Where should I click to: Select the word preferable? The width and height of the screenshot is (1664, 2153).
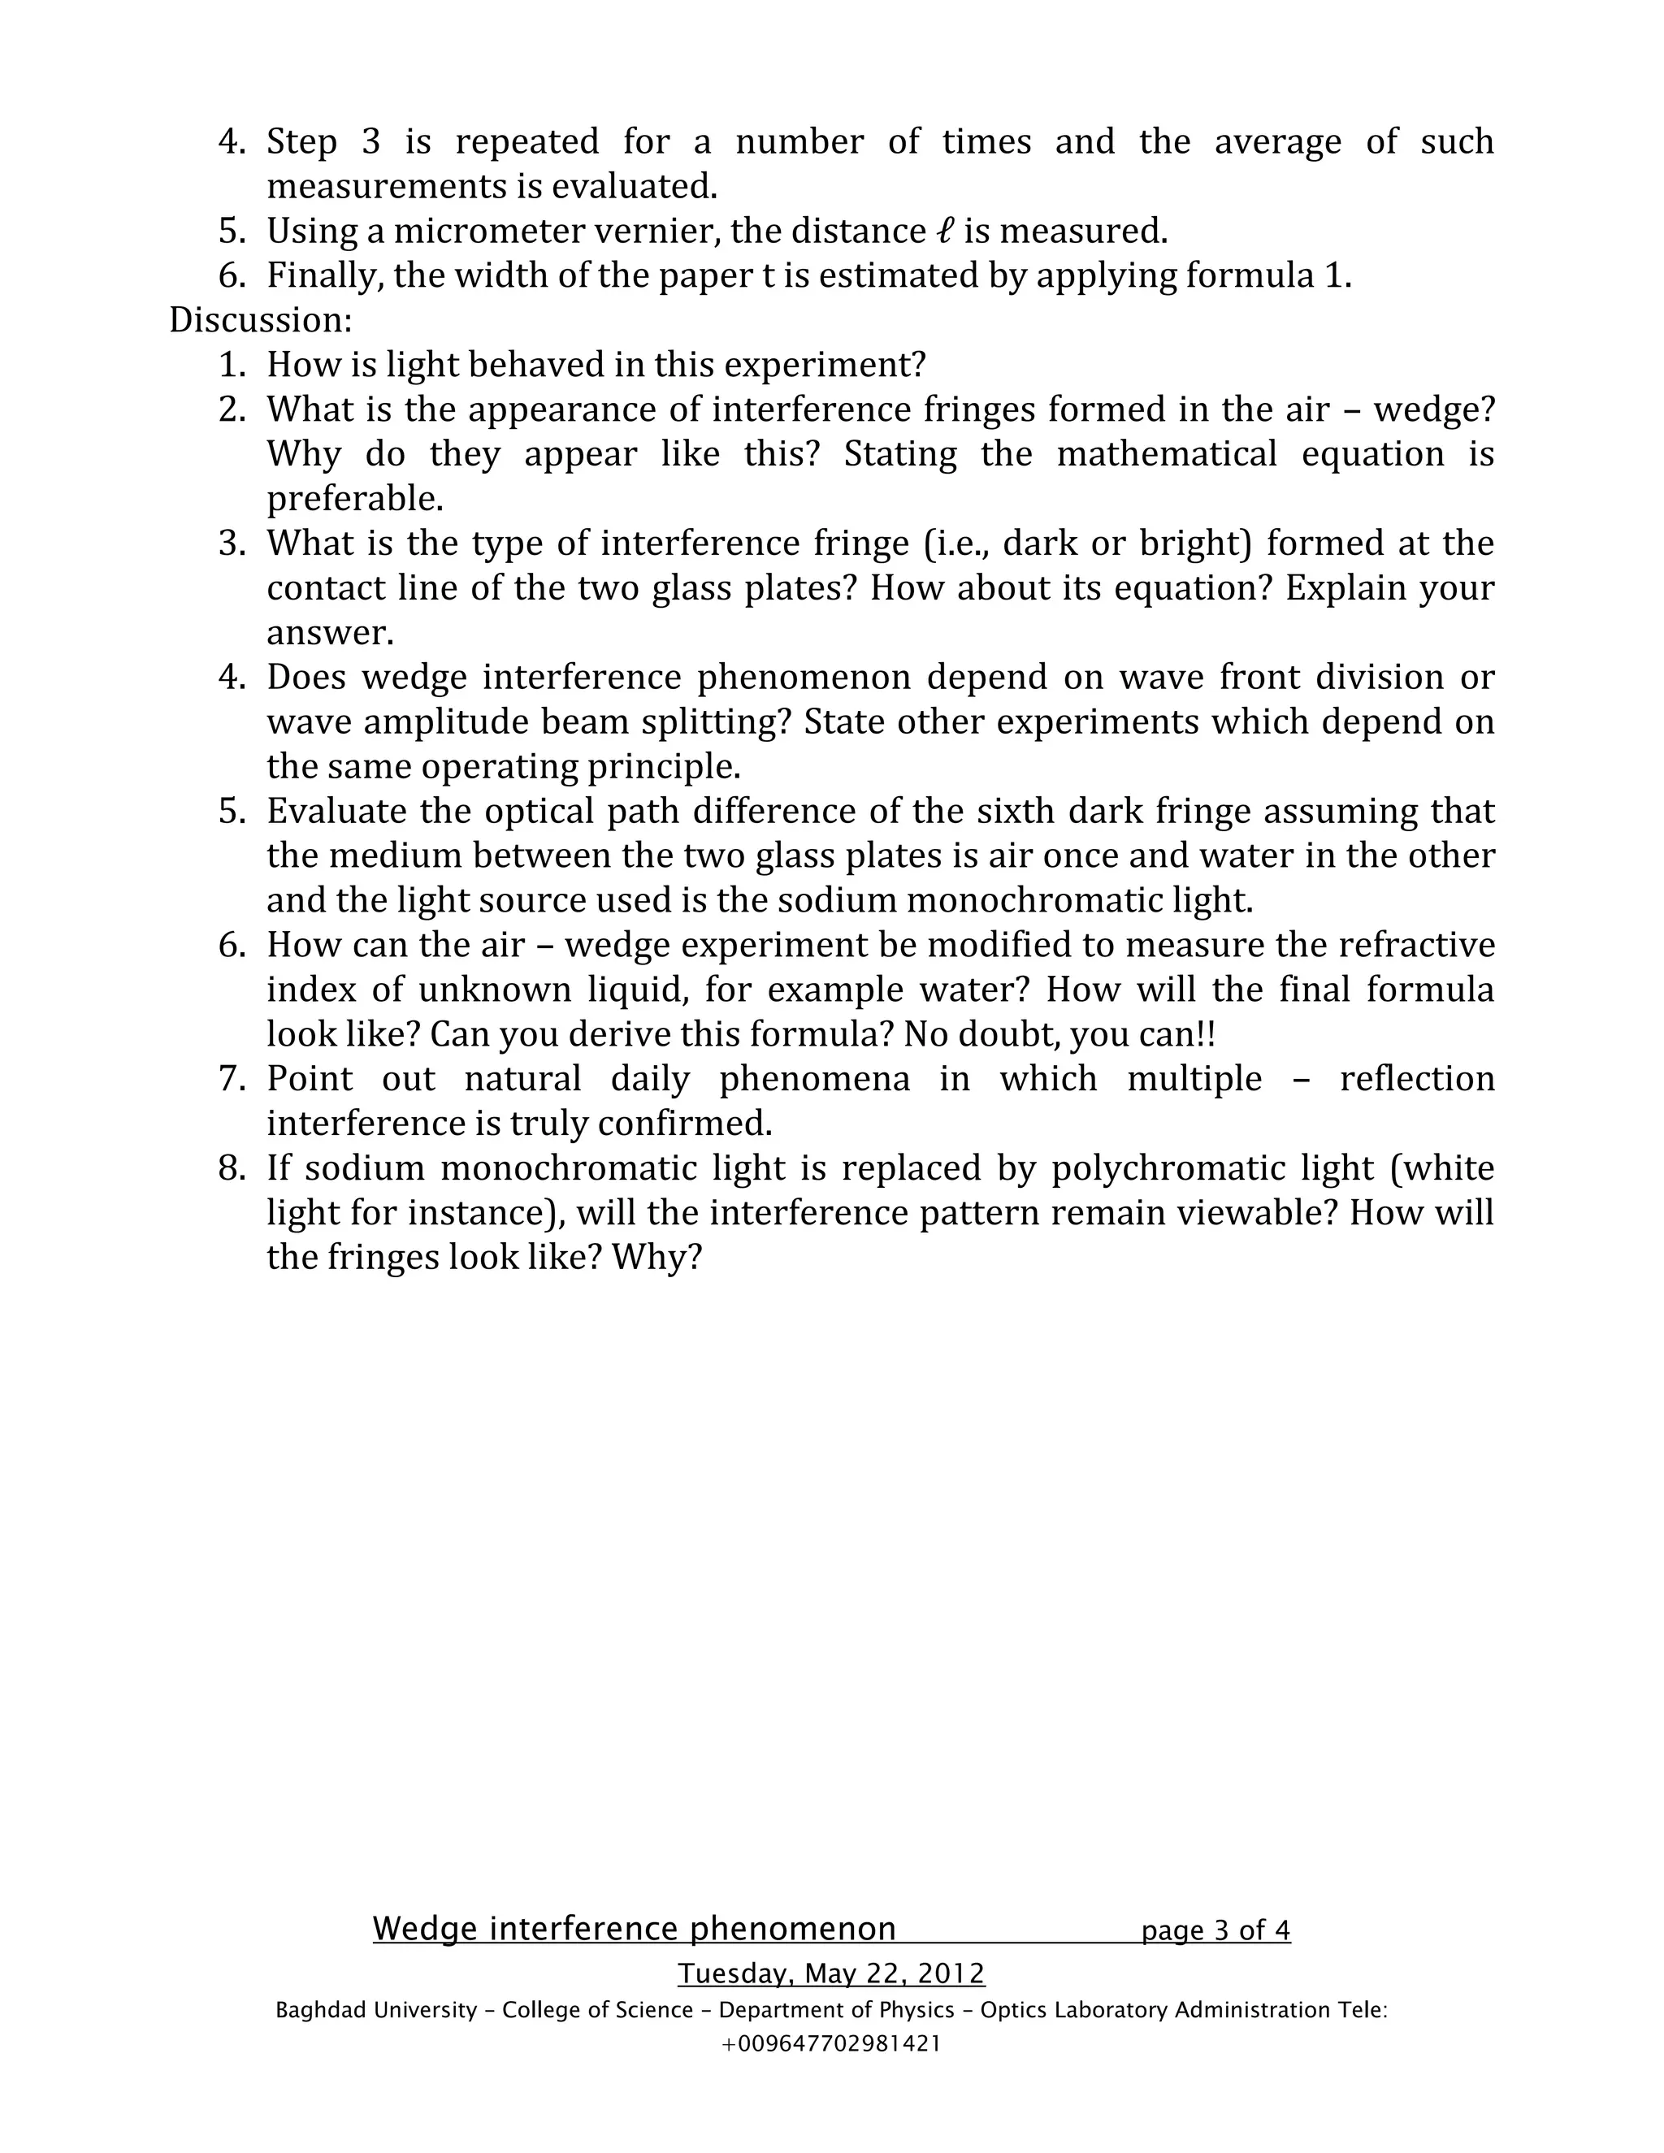pyautogui.click(x=355, y=499)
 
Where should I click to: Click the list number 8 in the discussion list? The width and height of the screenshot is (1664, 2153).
pyautogui.click(x=231, y=1168)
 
